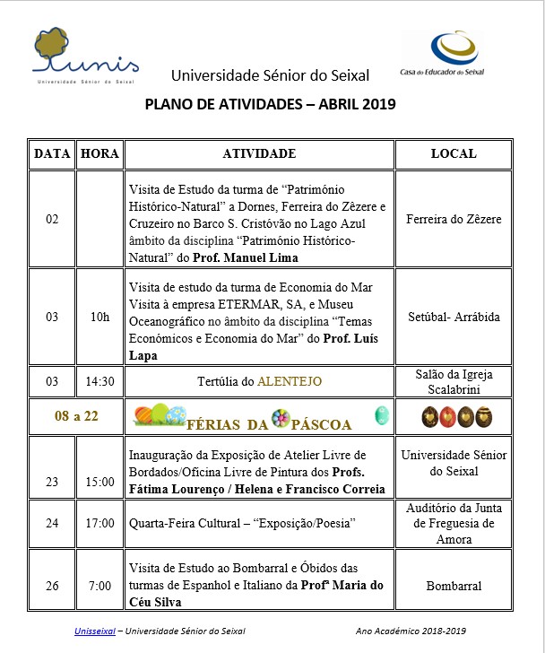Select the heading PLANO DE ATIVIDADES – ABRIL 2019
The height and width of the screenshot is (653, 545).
coord(270,103)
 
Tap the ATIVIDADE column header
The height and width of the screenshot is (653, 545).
coord(259,154)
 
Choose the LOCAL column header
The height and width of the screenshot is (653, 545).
coord(454,154)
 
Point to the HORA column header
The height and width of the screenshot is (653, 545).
coord(99,154)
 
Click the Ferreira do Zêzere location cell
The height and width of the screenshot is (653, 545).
coord(454,219)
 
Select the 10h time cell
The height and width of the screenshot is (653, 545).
coord(99,318)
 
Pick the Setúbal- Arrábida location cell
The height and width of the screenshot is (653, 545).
coord(454,318)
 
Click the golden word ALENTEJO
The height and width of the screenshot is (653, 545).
coord(290,381)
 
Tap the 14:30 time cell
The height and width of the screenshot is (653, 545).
coord(99,381)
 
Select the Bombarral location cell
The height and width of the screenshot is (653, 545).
coord(454,587)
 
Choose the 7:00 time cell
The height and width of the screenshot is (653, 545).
coord(99,587)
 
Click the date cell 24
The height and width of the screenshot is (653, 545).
coord(52,524)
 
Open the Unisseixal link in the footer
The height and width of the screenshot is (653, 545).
coord(96,632)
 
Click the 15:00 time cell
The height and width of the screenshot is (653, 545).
coord(99,482)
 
